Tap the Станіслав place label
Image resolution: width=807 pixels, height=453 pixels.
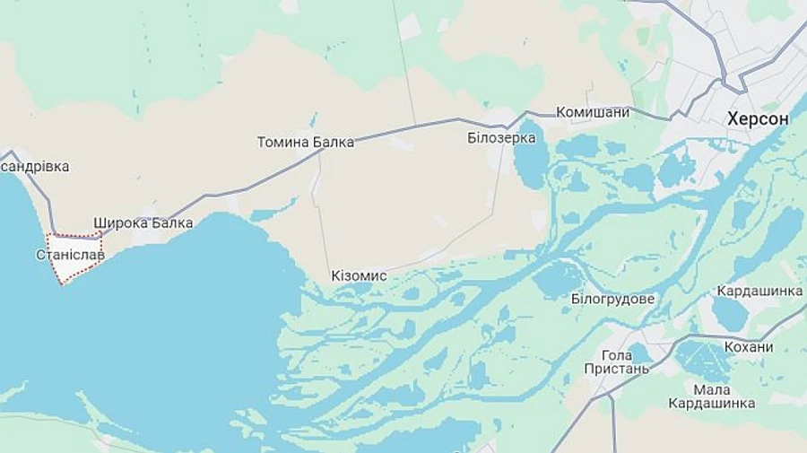(x=70, y=255)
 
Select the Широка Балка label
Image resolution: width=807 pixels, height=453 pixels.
(x=143, y=222)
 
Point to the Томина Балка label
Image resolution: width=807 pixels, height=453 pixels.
(x=305, y=142)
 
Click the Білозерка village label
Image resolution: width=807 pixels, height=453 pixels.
(x=501, y=137)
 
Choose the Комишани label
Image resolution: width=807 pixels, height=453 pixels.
(x=593, y=112)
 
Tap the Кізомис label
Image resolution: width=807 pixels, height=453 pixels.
(x=359, y=275)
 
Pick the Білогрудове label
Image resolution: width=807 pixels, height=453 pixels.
(x=612, y=299)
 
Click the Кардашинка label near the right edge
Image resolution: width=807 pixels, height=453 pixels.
(x=759, y=292)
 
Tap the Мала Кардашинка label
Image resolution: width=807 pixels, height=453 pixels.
(x=711, y=396)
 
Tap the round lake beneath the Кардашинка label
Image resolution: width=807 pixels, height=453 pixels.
(x=730, y=314)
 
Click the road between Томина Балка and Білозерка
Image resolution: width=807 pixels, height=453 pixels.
(x=412, y=128)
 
